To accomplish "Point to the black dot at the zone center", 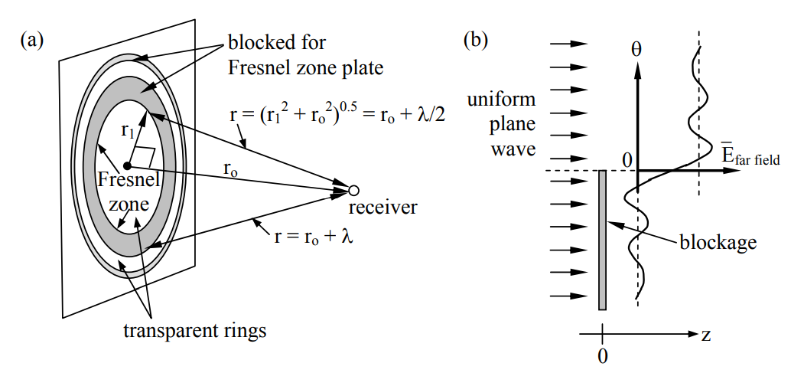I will (x=128, y=165).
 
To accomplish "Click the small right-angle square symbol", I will (x=147, y=156).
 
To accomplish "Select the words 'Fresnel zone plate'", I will (x=305, y=68).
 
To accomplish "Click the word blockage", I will (x=718, y=243).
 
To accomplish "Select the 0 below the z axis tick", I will (x=603, y=356).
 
